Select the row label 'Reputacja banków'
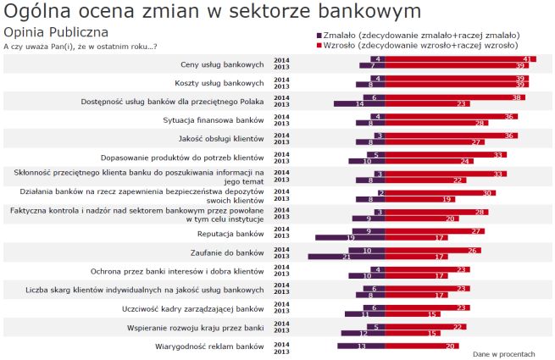coord(230,233)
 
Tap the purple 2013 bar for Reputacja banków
coord(350,237)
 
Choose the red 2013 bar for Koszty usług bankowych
coord(456,85)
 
